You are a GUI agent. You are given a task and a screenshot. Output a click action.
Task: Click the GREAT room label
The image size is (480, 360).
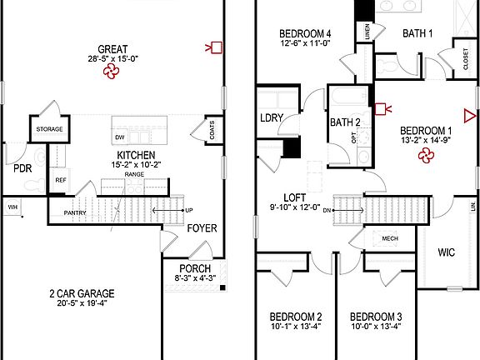112,48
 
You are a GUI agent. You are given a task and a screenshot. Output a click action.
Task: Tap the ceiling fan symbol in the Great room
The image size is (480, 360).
111,72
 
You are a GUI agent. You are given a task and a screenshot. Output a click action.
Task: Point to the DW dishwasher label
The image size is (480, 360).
120,137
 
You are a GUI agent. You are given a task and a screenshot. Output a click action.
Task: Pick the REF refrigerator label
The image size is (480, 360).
61,180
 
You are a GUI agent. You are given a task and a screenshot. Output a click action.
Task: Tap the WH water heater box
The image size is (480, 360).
12,207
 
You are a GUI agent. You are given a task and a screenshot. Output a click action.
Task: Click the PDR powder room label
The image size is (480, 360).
22,168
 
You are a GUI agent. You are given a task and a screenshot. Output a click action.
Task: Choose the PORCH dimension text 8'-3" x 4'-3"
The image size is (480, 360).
194,277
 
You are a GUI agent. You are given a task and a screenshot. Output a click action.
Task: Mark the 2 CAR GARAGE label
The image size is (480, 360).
80,293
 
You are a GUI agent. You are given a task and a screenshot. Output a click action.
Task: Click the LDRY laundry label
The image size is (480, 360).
272,117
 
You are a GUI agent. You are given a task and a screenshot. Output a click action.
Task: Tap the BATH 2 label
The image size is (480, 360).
344,122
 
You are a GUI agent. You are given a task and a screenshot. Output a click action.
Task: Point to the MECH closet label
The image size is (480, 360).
390,237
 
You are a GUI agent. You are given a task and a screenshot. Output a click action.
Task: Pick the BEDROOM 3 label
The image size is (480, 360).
376,317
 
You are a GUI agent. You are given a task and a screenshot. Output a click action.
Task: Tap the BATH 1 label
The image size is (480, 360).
417,33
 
